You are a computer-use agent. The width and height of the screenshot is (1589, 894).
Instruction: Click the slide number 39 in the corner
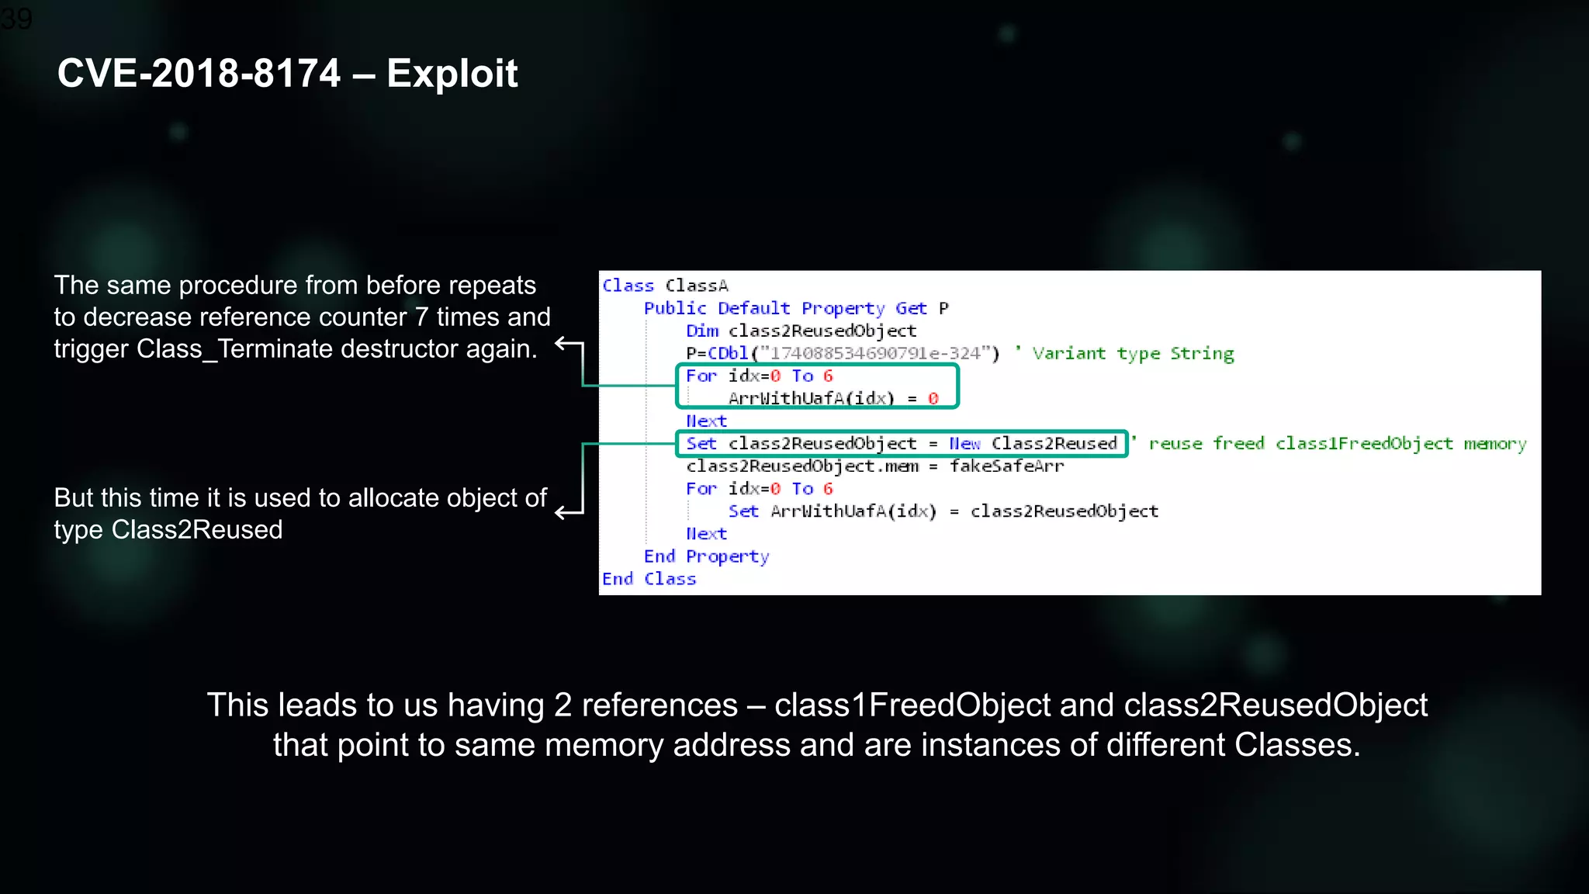(x=16, y=18)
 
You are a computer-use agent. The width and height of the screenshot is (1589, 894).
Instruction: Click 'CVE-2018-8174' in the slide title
(x=199, y=74)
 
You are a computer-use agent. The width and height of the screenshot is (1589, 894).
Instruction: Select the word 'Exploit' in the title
(x=452, y=74)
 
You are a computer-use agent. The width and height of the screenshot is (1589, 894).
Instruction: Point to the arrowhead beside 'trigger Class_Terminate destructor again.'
(x=560, y=343)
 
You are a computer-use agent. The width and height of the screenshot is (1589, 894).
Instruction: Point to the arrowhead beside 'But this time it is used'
(x=560, y=513)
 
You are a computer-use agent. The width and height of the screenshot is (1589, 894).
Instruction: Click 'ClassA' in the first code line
(x=696, y=286)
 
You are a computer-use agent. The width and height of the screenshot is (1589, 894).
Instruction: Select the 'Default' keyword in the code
(x=753, y=308)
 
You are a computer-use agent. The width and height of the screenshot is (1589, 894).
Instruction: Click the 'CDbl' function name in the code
(x=727, y=353)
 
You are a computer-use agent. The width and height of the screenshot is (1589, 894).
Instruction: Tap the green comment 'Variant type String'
(x=1133, y=353)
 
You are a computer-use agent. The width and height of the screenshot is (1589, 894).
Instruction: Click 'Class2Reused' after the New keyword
(x=1054, y=443)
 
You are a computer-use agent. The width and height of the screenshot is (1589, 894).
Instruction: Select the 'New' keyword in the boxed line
(x=964, y=443)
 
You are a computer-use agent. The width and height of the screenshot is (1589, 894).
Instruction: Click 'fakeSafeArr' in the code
(x=1006, y=466)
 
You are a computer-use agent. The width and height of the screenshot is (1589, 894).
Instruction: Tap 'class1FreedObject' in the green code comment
(x=1363, y=443)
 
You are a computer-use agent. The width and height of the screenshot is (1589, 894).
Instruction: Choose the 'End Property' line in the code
(x=706, y=556)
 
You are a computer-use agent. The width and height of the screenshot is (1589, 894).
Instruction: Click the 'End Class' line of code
(x=649, y=579)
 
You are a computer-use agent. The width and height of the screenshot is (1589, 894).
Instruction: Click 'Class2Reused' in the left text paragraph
(x=197, y=530)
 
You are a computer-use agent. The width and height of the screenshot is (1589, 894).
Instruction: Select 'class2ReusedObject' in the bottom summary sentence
(x=1275, y=705)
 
